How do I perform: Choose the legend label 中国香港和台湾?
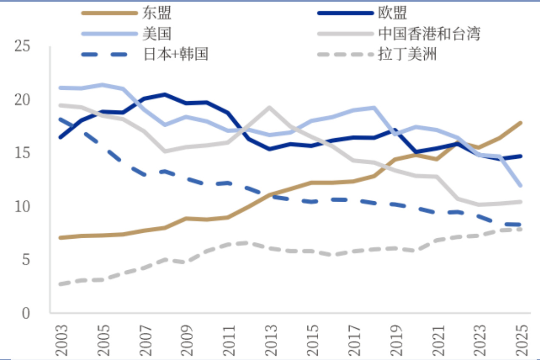click(x=429, y=33)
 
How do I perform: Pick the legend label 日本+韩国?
click(x=175, y=54)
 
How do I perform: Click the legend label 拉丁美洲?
click(x=407, y=54)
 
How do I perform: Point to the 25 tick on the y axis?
click(x=22, y=46)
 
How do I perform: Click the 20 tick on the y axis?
click(x=22, y=100)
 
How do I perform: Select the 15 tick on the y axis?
click(x=22, y=153)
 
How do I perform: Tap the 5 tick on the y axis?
click(x=26, y=260)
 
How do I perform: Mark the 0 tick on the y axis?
click(x=26, y=314)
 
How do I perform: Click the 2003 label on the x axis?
click(x=61, y=341)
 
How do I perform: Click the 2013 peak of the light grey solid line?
click(x=269, y=107)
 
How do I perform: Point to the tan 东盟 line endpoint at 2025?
click(x=521, y=123)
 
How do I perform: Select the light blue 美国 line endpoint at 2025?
click(x=521, y=186)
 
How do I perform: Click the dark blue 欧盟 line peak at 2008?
click(x=165, y=94)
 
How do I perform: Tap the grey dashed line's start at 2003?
click(x=61, y=284)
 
